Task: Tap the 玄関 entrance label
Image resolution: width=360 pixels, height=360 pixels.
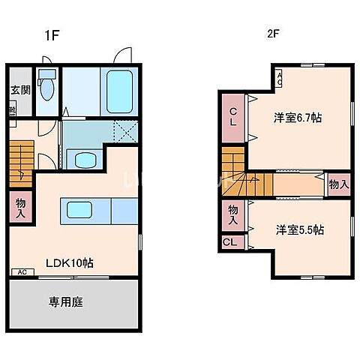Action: (20, 91)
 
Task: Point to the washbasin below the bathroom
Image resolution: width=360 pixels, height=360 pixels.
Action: (82, 159)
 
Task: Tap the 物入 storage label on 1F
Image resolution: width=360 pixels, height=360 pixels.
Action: (20, 206)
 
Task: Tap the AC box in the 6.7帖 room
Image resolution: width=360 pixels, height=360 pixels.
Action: (278, 76)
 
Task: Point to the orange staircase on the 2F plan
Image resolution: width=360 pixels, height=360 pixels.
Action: (235, 171)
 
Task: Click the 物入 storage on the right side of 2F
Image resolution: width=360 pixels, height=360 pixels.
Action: (339, 183)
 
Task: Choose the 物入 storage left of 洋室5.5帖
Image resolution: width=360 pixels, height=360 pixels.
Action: (232, 215)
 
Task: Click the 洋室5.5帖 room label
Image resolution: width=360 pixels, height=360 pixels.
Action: (298, 229)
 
